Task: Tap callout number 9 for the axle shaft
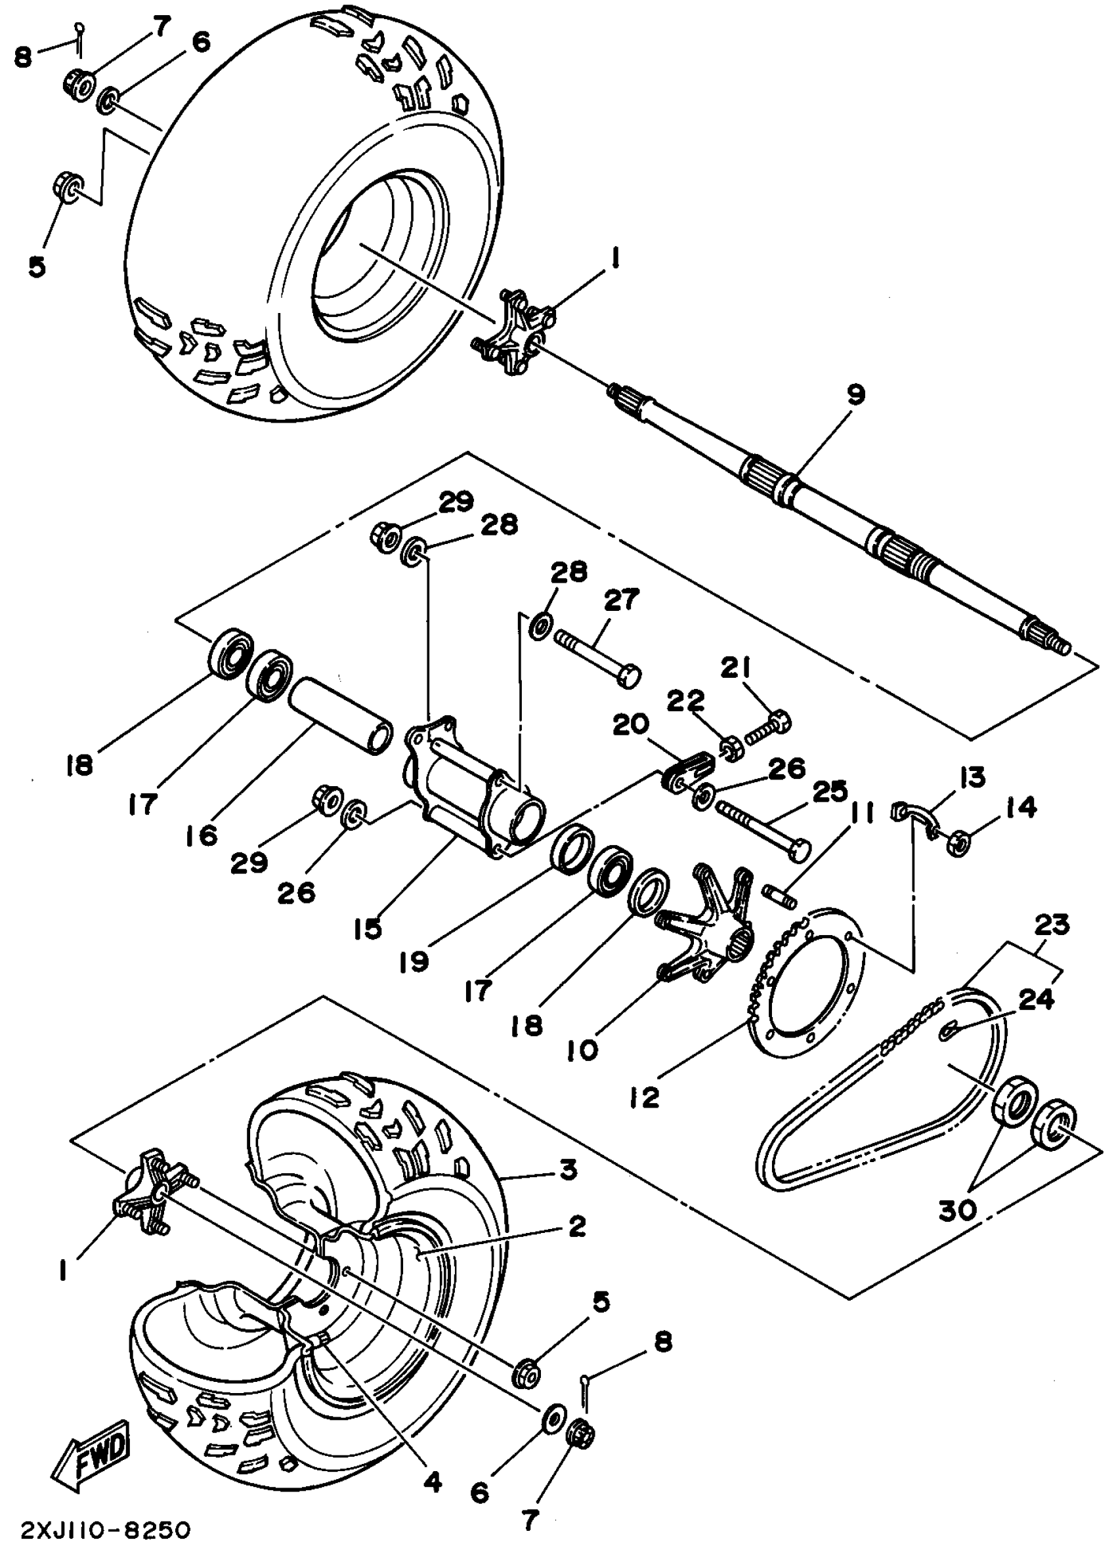tap(855, 394)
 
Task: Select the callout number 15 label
tap(368, 928)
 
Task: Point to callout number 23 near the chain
tap(1052, 925)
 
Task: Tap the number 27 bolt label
tap(622, 600)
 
